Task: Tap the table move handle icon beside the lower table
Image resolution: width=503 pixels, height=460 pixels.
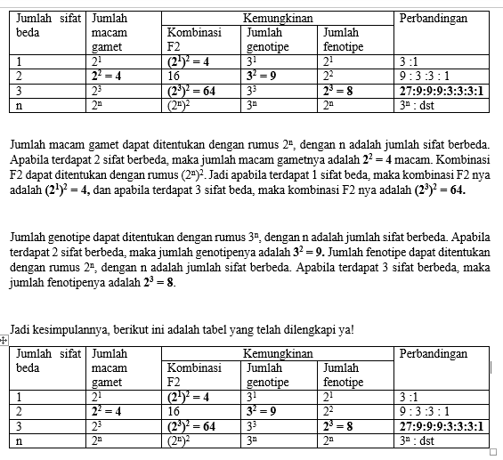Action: pyautogui.click(x=4, y=340)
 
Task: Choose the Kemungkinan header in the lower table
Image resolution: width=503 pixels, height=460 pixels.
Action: pyautogui.click(x=278, y=354)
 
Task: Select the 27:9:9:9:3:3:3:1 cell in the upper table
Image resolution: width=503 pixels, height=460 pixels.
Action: pyautogui.click(x=441, y=91)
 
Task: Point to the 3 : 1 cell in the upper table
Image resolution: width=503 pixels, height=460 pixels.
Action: pyautogui.click(x=410, y=62)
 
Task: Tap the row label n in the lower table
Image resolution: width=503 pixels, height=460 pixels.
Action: pyautogui.click(x=20, y=440)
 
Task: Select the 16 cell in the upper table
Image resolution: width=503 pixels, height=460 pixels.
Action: pyautogui.click(x=176, y=77)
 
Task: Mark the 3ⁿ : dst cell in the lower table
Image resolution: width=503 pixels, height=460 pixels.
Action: pyautogui.click(x=416, y=440)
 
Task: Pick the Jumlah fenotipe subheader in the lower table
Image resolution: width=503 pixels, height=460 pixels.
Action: pyautogui.click(x=344, y=375)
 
